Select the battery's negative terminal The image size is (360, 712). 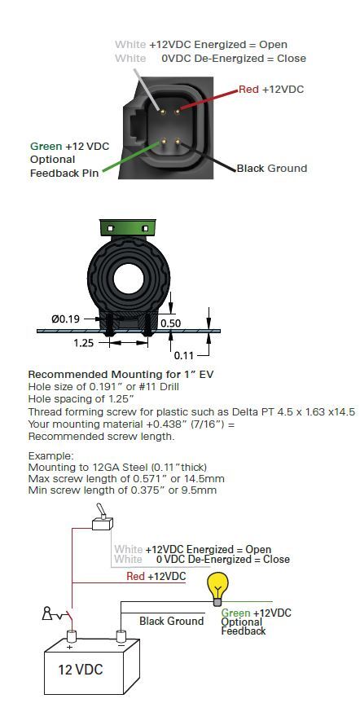[x=122, y=635]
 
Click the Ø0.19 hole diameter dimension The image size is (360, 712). [x=66, y=319]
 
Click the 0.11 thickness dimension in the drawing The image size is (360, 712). [x=185, y=355]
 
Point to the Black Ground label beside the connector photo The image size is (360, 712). [x=271, y=169]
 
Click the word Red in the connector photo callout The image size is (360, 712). [x=249, y=89]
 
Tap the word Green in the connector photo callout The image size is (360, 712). [x=46, y=147]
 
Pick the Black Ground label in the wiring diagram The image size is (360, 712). [x=171, y=622]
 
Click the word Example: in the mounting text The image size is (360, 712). [x=51, y=456]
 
